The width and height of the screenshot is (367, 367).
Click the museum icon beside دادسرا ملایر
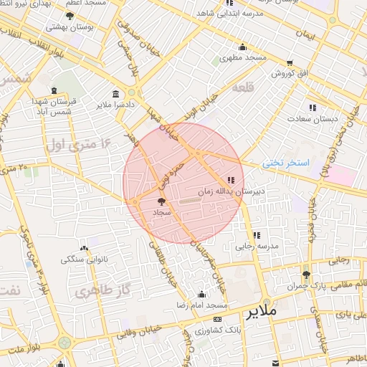[x=116, y=94]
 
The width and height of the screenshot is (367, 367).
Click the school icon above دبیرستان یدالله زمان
[x=231, y=180]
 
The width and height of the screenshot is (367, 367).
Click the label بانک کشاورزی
[x=216, y=330]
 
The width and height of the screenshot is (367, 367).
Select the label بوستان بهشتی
[x=67, y=27]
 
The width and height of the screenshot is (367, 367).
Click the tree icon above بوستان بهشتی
[x=70, y=15]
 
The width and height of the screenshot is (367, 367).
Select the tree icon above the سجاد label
[x=160, y=203]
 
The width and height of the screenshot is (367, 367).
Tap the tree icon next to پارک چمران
[x=307, y=275]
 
